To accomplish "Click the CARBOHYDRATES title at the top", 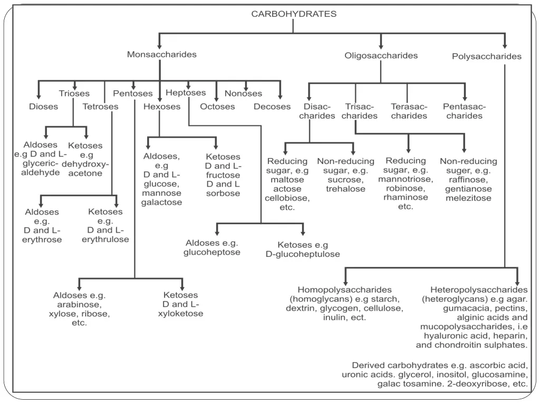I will (x=293, y=14).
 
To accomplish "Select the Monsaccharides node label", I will (x=161, y=54).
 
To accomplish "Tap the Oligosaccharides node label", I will (x=381, y=55).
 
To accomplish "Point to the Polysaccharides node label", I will (x=487, y=56).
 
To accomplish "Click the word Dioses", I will (x=43, y=107).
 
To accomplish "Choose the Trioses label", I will (x=74, y=93).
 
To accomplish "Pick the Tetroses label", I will (x=100, y=107).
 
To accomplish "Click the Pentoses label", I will (x=132, y=93).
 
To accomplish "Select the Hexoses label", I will (x=162, y=107).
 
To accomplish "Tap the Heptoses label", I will (x=186, y=93).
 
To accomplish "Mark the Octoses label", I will (x=217, y=107).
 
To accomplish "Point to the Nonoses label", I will (x=243, y=93).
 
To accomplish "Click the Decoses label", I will (x=272, y=107).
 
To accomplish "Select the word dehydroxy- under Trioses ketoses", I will (x=85, y=164).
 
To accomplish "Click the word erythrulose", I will (x=105, y=239).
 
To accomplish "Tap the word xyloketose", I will (x=180, y=314).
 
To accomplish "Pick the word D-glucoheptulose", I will (x=303, y=254).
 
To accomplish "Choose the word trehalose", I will (x=345, y=189).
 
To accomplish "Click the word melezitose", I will (x=468, y=198).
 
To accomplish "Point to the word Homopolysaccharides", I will (x=344, y=290).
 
